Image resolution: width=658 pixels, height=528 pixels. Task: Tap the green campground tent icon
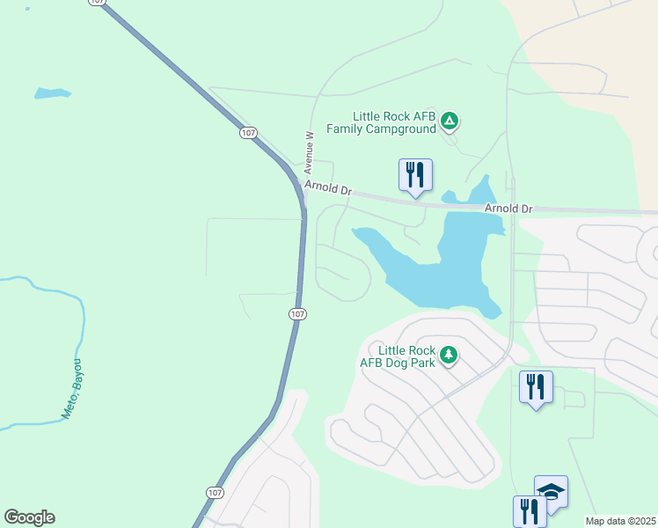[450, 121]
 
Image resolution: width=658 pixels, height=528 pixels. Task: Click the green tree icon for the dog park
[450, 355]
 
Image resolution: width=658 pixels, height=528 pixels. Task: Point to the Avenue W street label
[309, 151]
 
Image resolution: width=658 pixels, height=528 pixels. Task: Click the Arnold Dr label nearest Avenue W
[327, 189]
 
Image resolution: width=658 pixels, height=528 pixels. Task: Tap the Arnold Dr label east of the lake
[509, 209]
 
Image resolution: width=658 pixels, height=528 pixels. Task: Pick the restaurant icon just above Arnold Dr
[415, 174]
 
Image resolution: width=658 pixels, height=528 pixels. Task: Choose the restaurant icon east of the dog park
[536, 387]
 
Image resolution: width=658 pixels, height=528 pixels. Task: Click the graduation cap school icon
[551, 492]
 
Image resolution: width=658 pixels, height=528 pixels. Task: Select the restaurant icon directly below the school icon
[530, 511]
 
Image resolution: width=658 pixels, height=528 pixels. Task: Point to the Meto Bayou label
[73, 388]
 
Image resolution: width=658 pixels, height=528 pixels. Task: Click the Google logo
[29, 517]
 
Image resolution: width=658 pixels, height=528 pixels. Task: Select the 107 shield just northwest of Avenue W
[247, 133]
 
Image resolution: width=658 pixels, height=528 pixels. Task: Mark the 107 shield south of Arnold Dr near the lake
[297, 314]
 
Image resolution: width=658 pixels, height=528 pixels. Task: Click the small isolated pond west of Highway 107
[52, 92]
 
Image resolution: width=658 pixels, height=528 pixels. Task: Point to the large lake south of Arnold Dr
[440, 264]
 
